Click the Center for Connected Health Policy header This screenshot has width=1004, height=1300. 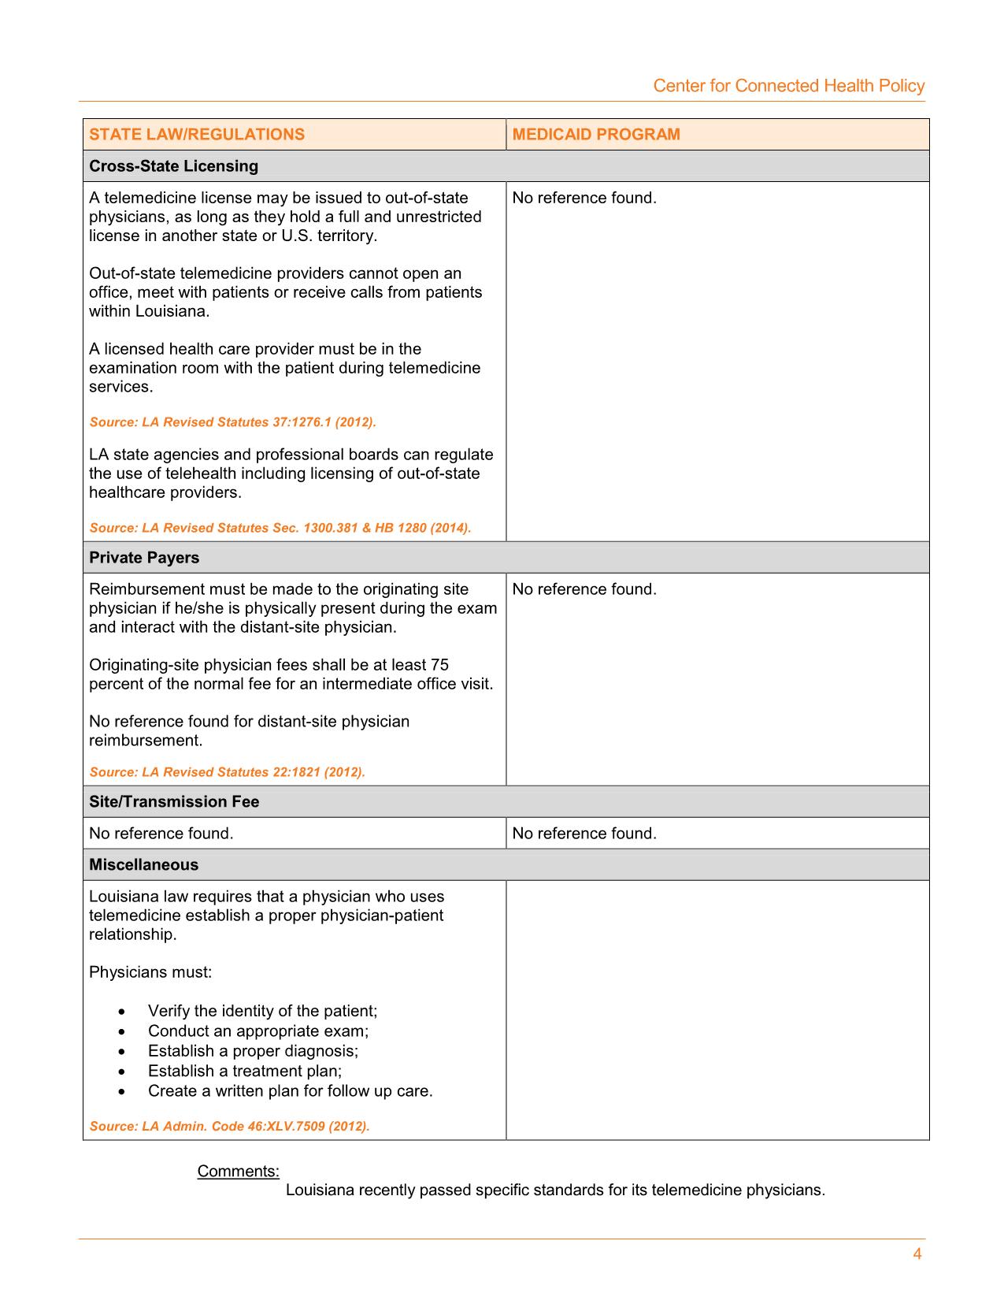point(788,86)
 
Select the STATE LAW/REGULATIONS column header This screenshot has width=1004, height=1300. point(197,134)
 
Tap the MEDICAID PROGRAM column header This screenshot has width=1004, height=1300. point(596,134)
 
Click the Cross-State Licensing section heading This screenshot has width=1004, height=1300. point(173,166)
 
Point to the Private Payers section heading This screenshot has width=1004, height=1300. point(144,558)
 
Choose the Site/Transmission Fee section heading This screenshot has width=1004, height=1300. point(174,802)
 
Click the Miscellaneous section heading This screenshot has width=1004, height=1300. point(143,865)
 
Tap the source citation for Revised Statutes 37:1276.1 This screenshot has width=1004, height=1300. point(232,422)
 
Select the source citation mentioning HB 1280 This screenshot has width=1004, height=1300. point(280,528)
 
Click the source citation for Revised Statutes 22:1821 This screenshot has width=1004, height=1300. point(227,772)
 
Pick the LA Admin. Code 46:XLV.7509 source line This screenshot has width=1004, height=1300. point(229,1126)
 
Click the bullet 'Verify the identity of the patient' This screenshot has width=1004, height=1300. point(262,1011)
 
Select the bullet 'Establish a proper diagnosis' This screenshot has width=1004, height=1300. point(253,1051)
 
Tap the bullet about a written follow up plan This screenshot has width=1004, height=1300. point(290,1091)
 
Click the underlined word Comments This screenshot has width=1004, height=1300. point(238,1172)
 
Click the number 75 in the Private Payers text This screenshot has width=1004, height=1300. point(439,665)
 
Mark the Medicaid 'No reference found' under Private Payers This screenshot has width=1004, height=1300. point(584,589)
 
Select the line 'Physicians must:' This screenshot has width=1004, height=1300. point(150,972)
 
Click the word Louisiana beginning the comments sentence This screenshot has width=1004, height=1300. point(319,1190)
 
